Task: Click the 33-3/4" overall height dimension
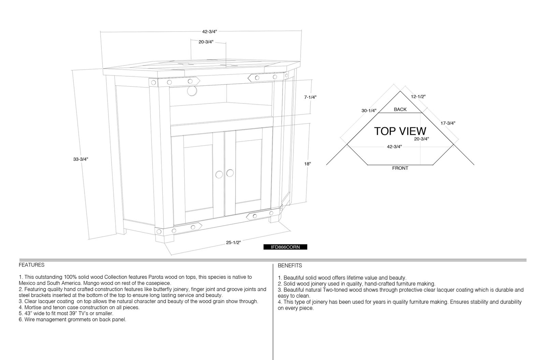81,159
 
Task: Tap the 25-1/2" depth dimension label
233,243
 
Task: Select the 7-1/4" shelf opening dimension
310,97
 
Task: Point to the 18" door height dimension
307,164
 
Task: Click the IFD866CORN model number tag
285,247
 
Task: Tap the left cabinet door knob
219,175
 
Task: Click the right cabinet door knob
230,173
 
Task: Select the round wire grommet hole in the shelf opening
192,91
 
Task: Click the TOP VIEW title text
400,131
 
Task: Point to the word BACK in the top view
400,110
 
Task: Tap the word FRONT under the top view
400,168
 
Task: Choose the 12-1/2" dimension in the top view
418,97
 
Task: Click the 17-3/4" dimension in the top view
448,123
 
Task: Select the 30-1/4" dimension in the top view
369,111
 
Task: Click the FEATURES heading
32,265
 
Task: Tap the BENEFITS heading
290,266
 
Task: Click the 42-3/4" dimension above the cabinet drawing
210,32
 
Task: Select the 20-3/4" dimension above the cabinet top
206,42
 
